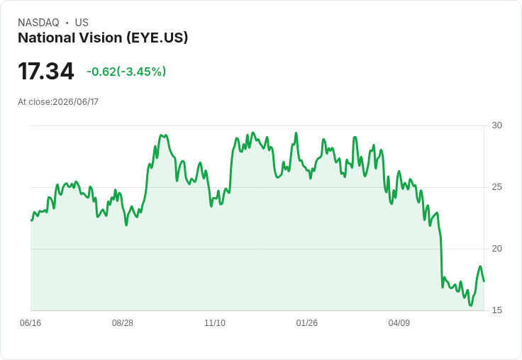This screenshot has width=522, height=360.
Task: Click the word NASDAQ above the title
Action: click(38, 23)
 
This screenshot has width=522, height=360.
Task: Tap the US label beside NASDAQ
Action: click(82, 23)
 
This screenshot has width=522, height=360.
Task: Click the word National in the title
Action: click(43, 38)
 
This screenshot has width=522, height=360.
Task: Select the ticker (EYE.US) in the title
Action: click(157, 38)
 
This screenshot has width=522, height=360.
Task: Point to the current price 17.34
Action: click(46, 71)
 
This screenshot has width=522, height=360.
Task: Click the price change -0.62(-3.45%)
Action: click(126, 72)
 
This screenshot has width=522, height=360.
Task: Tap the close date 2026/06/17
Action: click(76, 102)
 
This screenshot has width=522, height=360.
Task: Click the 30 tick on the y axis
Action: click(496, 125)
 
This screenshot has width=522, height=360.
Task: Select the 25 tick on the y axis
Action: click(496, 187)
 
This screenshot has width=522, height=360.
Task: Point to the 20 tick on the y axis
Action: click(496, 249)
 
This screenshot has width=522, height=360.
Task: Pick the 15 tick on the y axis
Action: click(496, 310)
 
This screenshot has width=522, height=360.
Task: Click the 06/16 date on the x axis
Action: click(30, 322)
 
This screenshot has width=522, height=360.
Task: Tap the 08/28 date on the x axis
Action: click(123, 322)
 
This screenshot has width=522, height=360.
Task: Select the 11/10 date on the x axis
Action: click(215, 322)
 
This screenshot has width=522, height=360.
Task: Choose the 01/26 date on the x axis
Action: click(307, 322)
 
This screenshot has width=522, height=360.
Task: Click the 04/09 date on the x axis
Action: click(399, 322)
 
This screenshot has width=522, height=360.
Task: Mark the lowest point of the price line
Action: click(471, 305)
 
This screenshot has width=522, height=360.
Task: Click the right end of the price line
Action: click(484, 281)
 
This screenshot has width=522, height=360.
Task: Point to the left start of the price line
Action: click(31, 220)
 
